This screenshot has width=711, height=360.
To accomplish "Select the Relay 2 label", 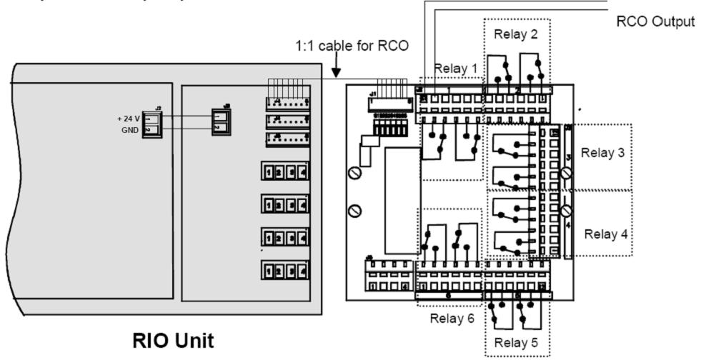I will click(512, 33).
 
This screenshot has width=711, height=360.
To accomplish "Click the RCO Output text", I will click(655, 21).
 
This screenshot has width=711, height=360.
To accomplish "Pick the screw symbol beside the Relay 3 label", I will click(567, 173).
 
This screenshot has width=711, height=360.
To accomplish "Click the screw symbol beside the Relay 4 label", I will click(567, 211).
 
